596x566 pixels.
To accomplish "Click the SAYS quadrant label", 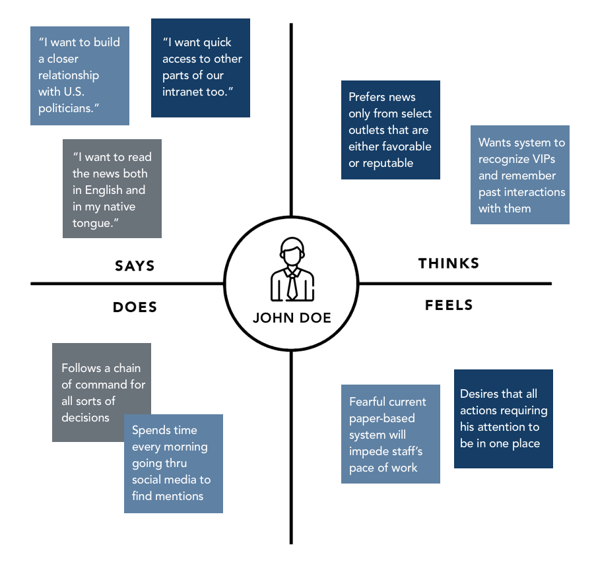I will [135, 266].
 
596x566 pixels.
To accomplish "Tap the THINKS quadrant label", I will [449, 263].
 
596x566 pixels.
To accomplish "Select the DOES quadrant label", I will [135, 307].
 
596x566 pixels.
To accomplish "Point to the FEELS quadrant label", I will [449, 305].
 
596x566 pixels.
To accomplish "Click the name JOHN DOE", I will [292, 318].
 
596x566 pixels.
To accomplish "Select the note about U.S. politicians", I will [80, 75].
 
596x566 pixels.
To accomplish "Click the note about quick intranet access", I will [201, 67].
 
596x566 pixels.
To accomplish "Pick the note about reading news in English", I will [112, 189].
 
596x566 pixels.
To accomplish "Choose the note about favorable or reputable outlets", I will [390, 130].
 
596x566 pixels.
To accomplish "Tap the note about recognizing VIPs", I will [520, 175].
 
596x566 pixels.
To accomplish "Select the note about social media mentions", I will [174, 463].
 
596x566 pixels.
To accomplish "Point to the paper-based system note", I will [390, 434].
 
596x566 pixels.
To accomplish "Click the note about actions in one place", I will [503, 419].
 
